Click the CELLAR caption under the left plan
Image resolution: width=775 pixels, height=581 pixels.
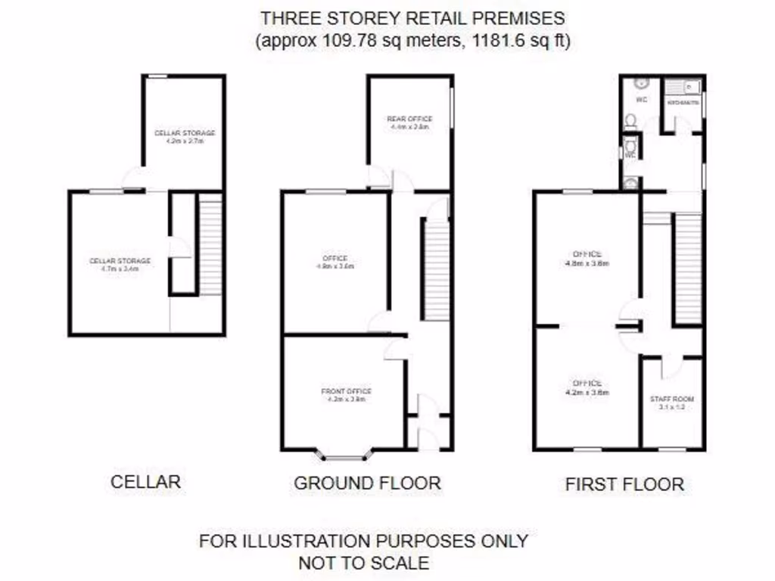(x=145, y=481)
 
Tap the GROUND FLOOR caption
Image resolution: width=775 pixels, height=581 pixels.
(x=367, y=482)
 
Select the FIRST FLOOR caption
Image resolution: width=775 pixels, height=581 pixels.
(x=624, y=484)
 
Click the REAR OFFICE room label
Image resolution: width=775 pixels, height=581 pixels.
(x=409, y=120)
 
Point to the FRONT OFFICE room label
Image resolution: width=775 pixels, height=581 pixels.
(x=347, y=391)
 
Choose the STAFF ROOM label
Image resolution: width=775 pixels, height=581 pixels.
(x=672, y=399)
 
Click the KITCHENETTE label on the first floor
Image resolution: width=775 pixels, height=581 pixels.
(x=682, y=102)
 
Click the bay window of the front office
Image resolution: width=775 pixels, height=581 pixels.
(x=345, y=455)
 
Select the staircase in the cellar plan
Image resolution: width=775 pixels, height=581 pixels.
(x=210, y=244)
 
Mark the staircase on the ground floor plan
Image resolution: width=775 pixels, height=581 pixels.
(x=437, y=269)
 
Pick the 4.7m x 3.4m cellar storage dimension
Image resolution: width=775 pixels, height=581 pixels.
(x=120, y=268)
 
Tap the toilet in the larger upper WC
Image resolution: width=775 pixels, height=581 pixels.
(x=630, y=120)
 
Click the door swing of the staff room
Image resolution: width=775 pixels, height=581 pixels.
(x=670, y=368)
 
